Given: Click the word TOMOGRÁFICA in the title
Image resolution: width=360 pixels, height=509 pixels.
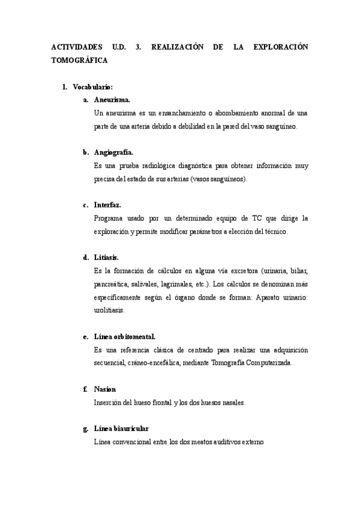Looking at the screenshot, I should pyautogui.click(x=80, y=61).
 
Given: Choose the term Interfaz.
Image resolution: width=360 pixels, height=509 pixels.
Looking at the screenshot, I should pyautogui.click(x=107, y=205).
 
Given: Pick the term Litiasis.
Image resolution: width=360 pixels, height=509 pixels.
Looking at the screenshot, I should pyautogui.click(x=106, y=257).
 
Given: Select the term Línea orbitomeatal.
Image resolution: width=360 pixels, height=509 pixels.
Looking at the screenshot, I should pyautogui.click(x=125, y=336).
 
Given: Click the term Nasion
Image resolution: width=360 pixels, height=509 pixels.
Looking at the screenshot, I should pyautogui.click(x=105, y=389).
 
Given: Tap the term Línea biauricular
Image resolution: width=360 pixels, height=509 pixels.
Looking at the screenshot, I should pyautogui.click(x=121, y=429).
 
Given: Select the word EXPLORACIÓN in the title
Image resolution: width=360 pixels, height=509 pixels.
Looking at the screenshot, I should pyautogui.click(x=278, y=47).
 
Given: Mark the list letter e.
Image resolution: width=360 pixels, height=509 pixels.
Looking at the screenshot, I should pyautogui.click(x=85, y=336).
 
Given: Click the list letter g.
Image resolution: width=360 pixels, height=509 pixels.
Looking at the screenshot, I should pyautogui.click(x=85, y=429).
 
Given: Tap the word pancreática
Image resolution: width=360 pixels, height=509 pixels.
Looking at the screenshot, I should pyautogui.click(x=112, y=284).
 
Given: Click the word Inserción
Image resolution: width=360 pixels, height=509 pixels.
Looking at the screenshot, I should pyautogui.click(x=109, y=402).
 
